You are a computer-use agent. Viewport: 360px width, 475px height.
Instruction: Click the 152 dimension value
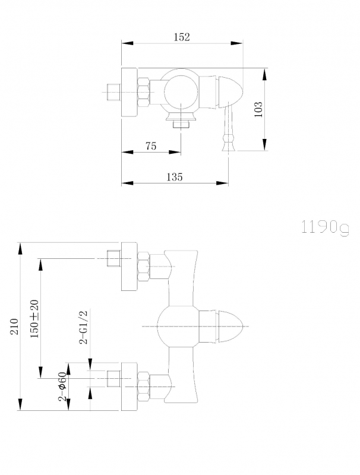[x=182, y=37]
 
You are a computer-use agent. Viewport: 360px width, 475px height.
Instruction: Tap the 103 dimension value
[x=258, y=109]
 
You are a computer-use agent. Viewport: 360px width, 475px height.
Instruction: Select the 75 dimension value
[x=151, y=146]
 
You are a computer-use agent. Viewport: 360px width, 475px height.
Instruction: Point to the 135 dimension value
[x=175, y=177]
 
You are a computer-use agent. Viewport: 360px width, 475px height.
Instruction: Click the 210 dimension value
[x=14, y=327]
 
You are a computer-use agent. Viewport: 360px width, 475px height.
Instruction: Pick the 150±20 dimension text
[x=34, y=319]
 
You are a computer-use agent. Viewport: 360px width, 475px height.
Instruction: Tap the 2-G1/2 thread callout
[x=83, y=328]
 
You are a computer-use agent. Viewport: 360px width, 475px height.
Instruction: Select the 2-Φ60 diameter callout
[x=62, y=387]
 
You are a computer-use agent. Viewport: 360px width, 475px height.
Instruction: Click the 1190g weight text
[x=325, y=227]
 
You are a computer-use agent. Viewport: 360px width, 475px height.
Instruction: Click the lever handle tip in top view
[x=229, y=146]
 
